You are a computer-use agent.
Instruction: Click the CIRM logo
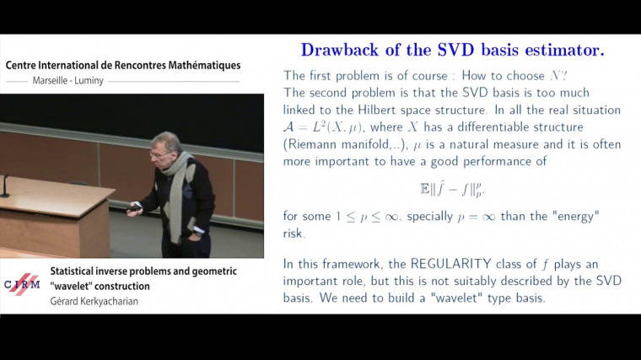(x=23, y=284)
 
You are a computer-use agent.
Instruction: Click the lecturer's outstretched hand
(x=132, y=212)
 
